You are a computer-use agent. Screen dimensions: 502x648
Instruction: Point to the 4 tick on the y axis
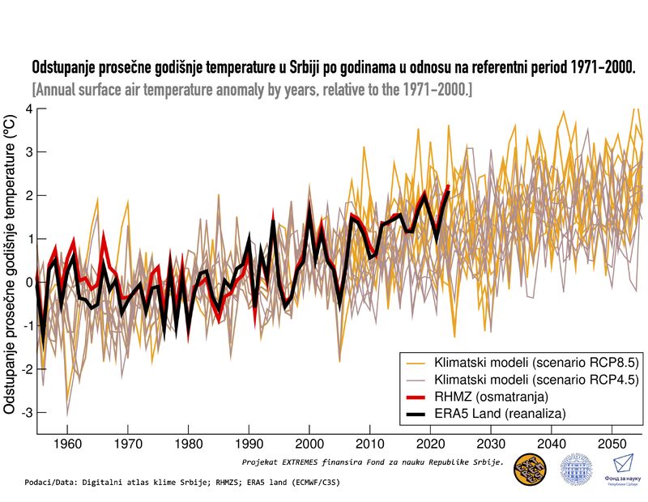(29, 108)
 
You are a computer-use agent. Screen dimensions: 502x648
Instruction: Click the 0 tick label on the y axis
(29, 282)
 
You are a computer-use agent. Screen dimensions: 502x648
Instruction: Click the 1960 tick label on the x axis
(67, 445)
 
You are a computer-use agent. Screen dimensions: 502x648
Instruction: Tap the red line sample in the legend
(415, 397)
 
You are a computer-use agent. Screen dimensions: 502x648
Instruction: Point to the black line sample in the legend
(415, 414)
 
